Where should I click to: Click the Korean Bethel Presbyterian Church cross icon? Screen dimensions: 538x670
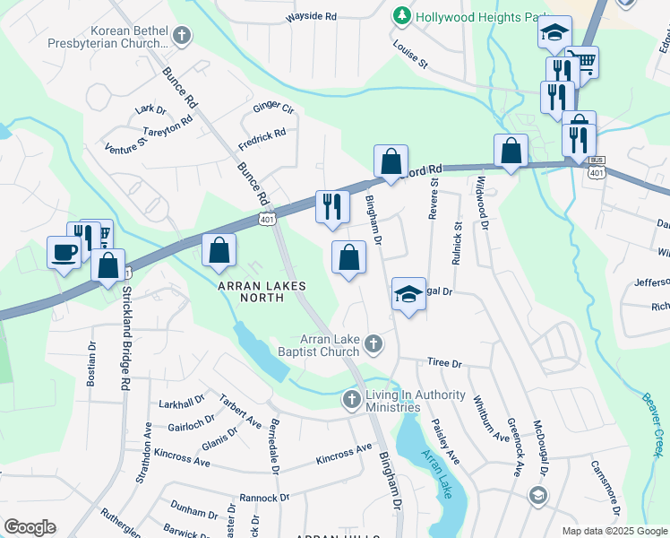(182, 36)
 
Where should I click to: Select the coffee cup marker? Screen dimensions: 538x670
(64, 253)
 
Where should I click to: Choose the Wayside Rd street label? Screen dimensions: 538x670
(311, 17)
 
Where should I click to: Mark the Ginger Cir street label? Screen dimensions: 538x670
(273, 108)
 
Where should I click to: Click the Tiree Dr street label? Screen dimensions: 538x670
(444, 364)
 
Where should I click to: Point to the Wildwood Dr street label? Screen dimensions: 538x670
(483, 200)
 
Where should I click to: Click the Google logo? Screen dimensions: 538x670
(30, 527)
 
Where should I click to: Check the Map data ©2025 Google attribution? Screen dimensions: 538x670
(614, 531)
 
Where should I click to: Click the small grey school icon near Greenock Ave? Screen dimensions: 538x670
(537, 495)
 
